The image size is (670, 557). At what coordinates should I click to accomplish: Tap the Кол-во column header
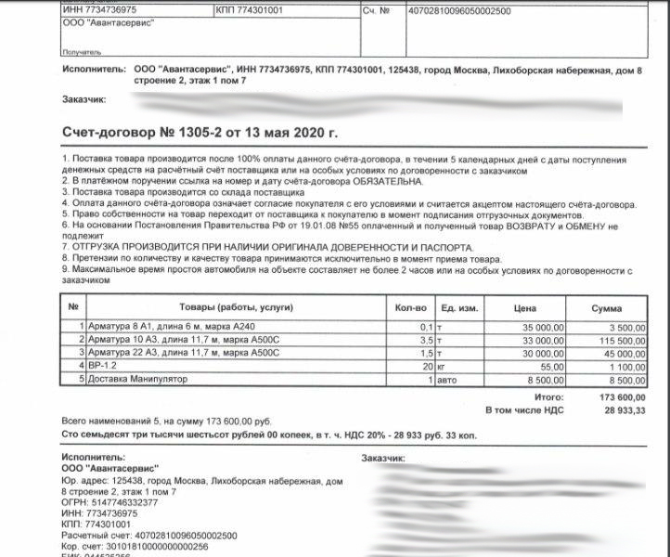pyautogui.click(x=409, y=306)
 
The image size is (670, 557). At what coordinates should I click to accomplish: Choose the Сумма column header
pyautogui.click(x=610, y=306)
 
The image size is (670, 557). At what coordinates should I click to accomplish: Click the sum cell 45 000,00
pyautogui.click(x=616, y=353)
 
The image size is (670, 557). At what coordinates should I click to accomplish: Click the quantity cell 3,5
pyautogui.click(x=426, y=340)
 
